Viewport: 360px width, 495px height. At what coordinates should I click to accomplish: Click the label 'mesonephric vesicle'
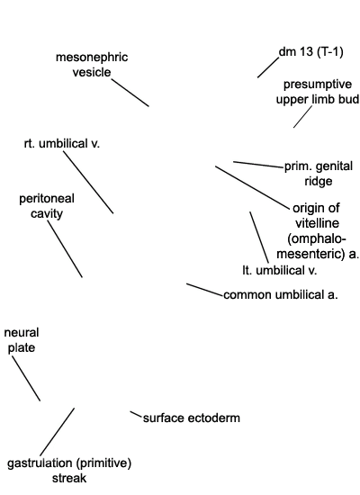tap(92, 65)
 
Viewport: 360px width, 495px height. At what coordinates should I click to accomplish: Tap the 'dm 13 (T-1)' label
tap(311, 52)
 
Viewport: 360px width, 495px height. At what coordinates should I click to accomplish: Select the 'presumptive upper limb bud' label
tap(318, 92)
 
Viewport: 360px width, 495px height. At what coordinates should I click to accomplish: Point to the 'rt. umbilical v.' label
tap(62, 144)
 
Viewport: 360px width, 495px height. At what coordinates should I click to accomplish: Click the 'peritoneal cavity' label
tap(47, 206)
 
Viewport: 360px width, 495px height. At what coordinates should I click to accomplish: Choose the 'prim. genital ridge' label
tap(319, 174)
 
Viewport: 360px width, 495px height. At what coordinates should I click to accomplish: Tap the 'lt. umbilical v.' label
tap(280, 271)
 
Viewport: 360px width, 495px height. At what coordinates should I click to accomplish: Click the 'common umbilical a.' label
tap(281, 295)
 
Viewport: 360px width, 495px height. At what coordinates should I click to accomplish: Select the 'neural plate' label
tap(22, 340)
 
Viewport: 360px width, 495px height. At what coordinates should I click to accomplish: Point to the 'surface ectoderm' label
tap(192, 418)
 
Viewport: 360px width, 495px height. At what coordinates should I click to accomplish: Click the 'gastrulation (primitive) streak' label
tap(69, 471)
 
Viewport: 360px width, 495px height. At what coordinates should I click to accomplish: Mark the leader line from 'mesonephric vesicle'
tap(130, 93)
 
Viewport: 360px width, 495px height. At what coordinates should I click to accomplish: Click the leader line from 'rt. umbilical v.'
tap(88, 183)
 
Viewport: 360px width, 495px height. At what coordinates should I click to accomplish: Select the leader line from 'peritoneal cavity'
tap(65, 249)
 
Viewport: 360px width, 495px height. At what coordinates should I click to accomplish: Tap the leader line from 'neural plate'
tap(26, 379)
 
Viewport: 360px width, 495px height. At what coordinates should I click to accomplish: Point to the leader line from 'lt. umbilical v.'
tap(259, 237)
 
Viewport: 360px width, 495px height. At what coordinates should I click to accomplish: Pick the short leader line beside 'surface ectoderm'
tap(136, 415)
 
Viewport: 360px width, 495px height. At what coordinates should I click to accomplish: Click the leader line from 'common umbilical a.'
tap(204, 290)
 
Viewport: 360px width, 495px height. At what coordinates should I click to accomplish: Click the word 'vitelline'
tap(317, 223)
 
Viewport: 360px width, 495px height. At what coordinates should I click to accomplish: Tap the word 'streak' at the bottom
tap(69, 478)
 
